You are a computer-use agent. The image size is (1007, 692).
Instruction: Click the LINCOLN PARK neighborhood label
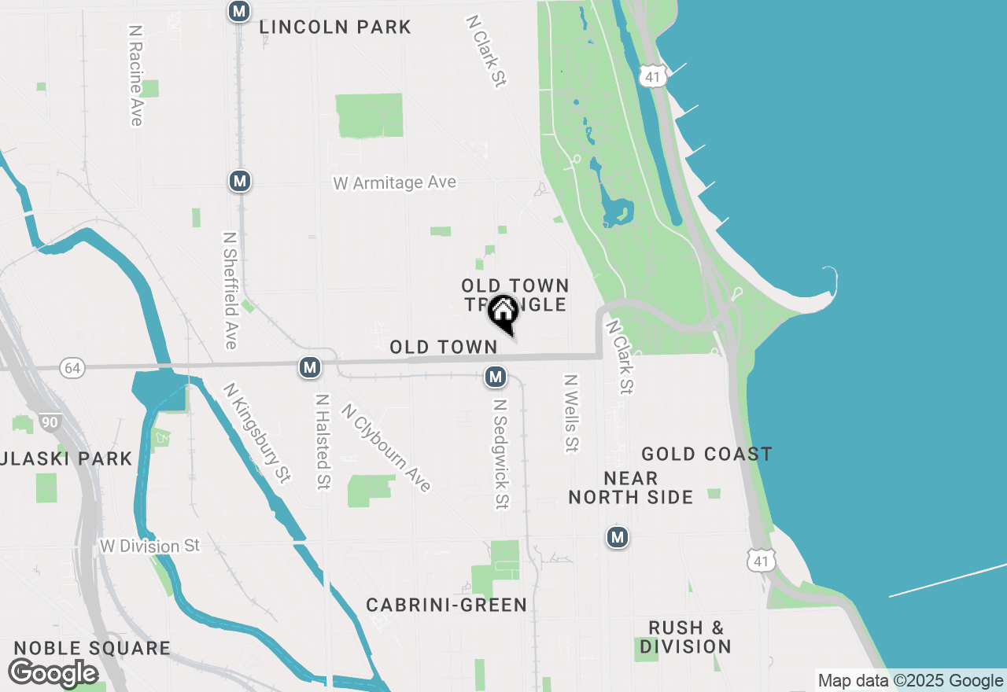point(335,28)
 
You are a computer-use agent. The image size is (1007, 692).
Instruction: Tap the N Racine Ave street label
point(136,75)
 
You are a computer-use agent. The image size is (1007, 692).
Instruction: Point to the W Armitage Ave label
point(394,183)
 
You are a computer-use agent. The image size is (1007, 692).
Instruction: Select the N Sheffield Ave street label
point(230,290)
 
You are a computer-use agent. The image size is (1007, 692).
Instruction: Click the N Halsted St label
point(322,441)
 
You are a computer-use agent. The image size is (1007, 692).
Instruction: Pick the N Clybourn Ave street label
point(386,447)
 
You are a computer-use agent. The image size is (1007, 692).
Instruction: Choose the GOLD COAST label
point(706,454)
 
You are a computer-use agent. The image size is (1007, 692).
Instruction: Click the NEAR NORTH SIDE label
point(631,488)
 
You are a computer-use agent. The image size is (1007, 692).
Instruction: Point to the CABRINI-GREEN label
point(446,605)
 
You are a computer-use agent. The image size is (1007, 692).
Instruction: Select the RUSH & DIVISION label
point(685,637)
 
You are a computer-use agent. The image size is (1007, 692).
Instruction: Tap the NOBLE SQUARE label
point(92,649)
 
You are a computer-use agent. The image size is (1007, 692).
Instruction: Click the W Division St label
point(150,546)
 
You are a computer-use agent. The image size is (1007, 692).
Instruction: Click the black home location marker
point(503,312)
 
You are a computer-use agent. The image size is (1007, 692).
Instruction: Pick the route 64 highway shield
point(72,368)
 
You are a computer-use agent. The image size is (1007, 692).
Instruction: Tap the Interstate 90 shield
point(50,423)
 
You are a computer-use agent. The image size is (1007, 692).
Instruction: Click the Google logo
point(53,673)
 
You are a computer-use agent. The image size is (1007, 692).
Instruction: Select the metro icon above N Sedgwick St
point(495,377)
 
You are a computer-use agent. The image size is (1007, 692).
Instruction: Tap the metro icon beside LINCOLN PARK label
point(239,12)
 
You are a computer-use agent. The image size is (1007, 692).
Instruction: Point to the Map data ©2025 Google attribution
point(910,681)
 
